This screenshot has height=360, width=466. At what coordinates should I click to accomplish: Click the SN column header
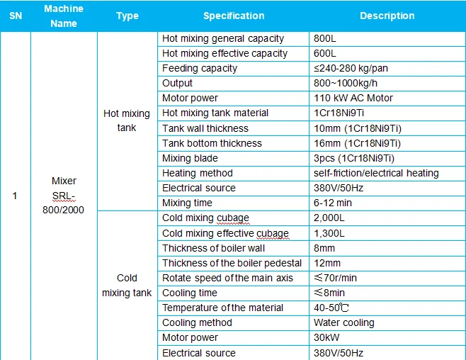[x=16, y=16]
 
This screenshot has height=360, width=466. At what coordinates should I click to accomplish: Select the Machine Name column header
[x=63, y=16]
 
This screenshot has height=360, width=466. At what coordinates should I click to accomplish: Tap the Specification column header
[x=233, y=16]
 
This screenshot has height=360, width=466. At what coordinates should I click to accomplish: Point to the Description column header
[x=387, y=16]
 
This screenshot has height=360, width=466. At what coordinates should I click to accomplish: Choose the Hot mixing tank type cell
[x=127, y=120]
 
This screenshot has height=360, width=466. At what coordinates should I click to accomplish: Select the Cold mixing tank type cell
[x=127, y=285]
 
